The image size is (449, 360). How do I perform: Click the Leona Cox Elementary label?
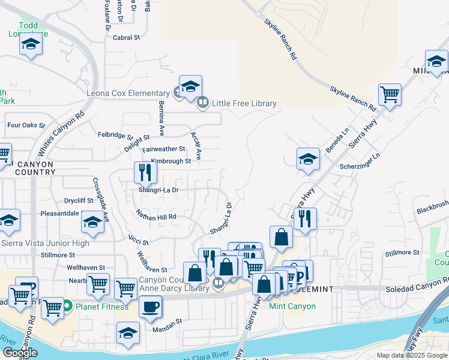[128, 93]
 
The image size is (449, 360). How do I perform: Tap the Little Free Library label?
[243, 103]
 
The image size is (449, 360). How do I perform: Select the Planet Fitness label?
[101, 307]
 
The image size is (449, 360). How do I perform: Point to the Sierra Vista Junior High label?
[45, 243]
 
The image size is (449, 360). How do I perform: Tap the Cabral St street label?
[126, 37]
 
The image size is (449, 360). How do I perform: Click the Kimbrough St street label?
[171, 161]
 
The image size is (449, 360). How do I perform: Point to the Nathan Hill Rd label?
[155, 216]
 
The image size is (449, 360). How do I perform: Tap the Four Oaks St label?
[26, 125]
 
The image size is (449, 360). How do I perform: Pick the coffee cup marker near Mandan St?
[150, 306]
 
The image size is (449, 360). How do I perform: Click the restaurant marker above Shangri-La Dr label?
[145, 172]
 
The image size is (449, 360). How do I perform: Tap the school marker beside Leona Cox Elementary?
[190, 86]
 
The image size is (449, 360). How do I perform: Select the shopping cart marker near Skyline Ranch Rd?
[390, 94]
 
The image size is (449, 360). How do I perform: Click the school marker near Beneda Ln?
[308, 158]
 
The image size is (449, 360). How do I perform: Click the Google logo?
[19, 353]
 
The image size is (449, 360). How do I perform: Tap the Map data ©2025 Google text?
[412, 355]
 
